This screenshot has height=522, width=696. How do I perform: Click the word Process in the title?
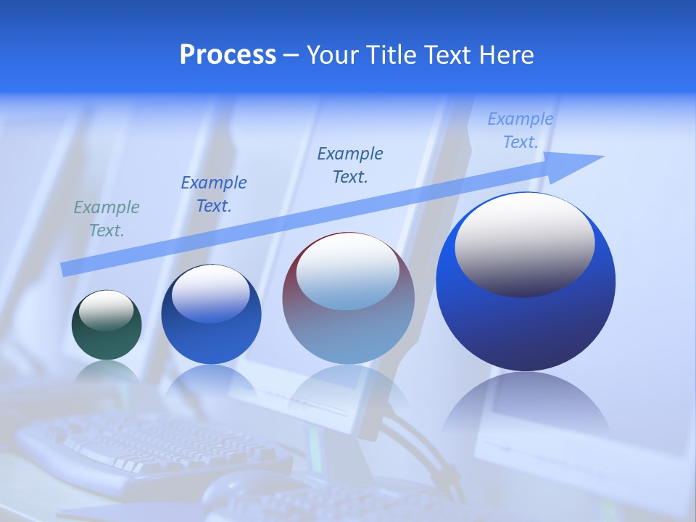[228, 55]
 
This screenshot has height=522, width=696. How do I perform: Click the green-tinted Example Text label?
[107, 219]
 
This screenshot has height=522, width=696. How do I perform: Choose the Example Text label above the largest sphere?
[521, 130]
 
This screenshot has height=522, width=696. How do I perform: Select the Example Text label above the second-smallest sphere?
[214, 194]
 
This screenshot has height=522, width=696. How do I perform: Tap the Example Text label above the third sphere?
[350, 165]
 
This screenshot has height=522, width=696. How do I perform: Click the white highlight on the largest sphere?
[524, 243]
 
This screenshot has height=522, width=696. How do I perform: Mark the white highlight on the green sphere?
[107, 310]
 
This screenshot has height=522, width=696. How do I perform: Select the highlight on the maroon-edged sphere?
[348, 270]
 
